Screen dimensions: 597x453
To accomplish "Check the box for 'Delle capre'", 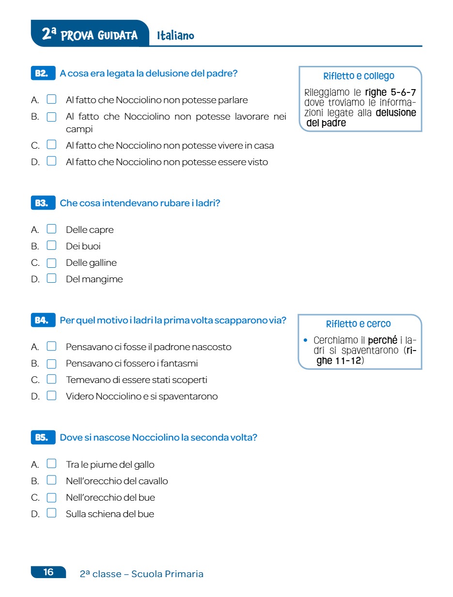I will click(51, 229).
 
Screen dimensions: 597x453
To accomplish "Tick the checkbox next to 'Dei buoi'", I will click(51, 245).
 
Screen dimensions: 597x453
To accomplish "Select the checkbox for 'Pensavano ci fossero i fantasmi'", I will click(51, 363).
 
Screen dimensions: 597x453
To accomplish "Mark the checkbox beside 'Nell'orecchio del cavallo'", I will click(51, 480).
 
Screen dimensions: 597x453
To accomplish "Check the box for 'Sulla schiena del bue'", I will click(51, 513).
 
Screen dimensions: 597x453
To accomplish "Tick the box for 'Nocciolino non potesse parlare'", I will click(51, 100).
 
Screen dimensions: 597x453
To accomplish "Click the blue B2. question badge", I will click(42, 74).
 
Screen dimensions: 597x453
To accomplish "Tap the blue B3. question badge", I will click(42, 203).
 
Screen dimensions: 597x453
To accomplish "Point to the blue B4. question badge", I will click(42, 321).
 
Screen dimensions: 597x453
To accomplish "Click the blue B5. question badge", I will click(42, 438).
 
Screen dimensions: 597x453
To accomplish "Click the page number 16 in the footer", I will click(48, 572).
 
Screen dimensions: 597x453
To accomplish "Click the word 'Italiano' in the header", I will click(175, 36).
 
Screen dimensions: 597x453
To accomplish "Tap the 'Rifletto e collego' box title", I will click(359, 76).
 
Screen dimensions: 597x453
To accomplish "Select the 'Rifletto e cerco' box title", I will click(359, 324).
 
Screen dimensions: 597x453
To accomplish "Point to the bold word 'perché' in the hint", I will click(382, 340).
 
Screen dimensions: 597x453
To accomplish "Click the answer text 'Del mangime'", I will click(94, 279).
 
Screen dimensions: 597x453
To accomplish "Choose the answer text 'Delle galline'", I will click(91, 263).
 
